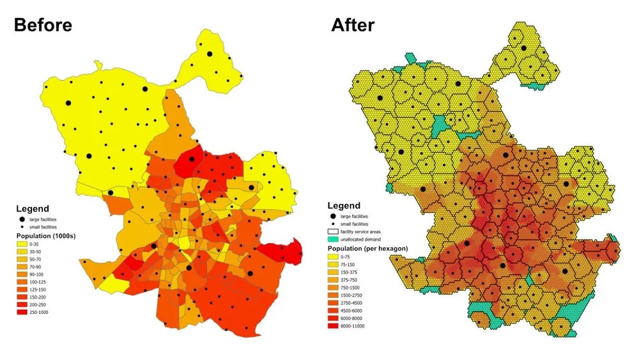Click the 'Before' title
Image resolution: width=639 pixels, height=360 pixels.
click(x=43, y=25)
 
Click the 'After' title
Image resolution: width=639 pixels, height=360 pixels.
click(x=353, y=25)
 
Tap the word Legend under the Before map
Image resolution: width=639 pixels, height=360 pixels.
click(x=33, y=208)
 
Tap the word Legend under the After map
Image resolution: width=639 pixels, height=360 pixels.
click(x=344, y=206)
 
